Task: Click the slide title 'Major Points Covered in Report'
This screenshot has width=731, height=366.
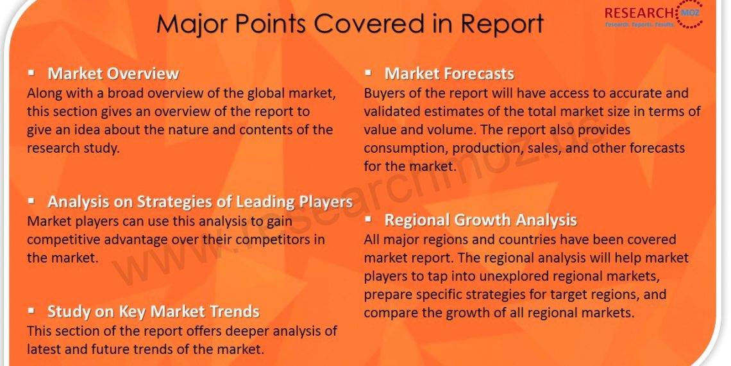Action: (x=350, y=22)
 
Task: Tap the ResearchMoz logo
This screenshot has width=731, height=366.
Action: (x=653, y=16)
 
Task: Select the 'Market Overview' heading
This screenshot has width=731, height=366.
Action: (x=113, y=73)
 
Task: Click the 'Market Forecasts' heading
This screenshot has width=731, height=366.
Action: (x=449, y=73)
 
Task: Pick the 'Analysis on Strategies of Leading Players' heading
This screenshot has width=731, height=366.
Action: (x=200, y=202)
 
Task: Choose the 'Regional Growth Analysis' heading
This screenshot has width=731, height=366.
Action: (x=481, y=220)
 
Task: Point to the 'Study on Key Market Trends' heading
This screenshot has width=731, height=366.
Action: (x=153, y=311)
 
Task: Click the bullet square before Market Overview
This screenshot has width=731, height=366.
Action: (x=31, y=73)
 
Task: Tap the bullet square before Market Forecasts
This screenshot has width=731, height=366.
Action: (x=368, y=73)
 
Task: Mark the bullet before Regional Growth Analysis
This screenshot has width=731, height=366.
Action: (x=368, y=218)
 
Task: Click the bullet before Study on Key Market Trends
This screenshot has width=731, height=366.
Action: (x=31, y=310)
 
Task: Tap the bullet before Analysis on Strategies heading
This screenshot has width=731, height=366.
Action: (x=31, y=200)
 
